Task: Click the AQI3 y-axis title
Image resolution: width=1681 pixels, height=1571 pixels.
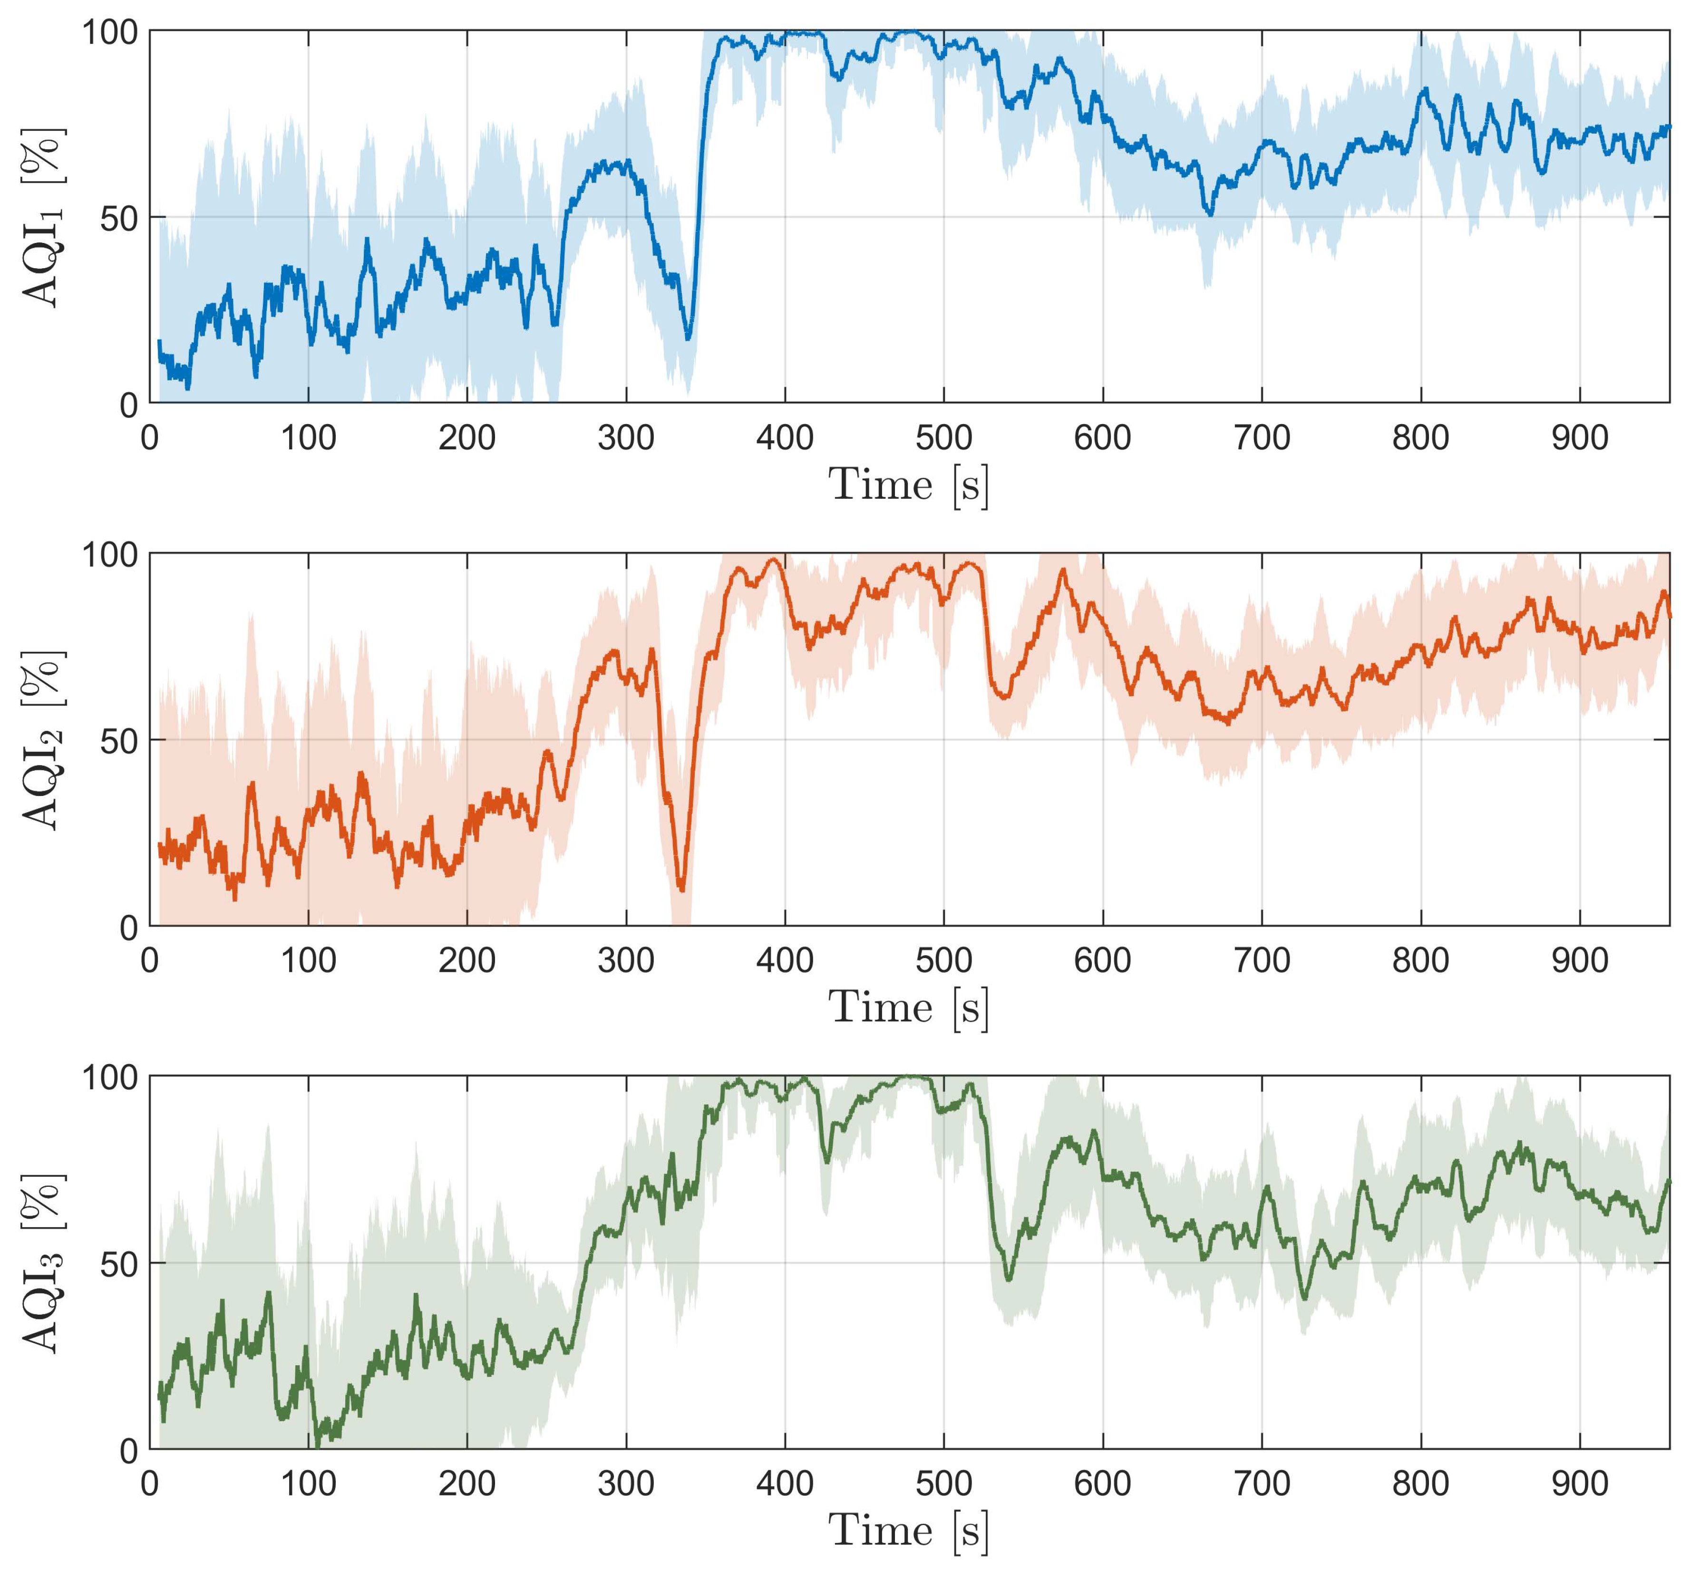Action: [42, 1263]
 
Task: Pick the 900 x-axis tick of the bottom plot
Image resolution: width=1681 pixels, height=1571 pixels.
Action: [1580, 1484]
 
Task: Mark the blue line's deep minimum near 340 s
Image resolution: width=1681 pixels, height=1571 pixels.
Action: [688, 338]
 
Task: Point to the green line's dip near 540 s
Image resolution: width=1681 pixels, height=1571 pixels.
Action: [1008, 1280]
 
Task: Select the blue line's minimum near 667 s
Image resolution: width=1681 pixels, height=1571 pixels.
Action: [1210, 215]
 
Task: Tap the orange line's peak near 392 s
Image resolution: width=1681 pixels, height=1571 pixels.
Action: [772, 559]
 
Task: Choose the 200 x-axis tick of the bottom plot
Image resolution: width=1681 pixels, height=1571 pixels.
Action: [467, 1484]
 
